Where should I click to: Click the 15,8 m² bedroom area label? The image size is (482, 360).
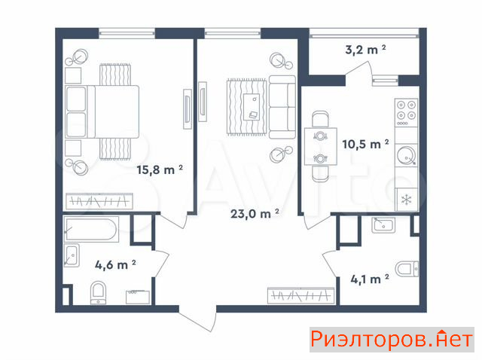pos(160,169)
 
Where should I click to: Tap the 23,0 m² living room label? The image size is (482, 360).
pos(255,213)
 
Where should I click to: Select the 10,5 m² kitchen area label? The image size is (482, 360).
pos(365,144)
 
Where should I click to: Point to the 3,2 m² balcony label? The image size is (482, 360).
pos(365,50)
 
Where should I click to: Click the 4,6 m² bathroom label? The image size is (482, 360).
pos(115,264)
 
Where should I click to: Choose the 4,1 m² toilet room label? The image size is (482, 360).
pos(370,279)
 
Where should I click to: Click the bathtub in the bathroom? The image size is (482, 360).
pos(91,229)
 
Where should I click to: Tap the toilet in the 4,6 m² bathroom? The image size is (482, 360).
pos(99,293)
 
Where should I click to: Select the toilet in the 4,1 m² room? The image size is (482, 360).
pos(407,269)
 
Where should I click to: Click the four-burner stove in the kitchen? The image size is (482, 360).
pos(406,113)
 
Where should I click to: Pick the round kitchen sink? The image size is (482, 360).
pos(406,155)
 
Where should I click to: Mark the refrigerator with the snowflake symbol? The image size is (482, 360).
pos(407,200)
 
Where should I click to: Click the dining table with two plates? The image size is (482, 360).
pos(321,146)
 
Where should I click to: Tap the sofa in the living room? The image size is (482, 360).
pos(282,107)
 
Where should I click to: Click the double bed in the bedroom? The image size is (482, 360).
pos(102,111)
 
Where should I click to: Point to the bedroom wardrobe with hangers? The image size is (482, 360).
pos(99,201)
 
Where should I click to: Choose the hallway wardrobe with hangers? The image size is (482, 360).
pos(301,296)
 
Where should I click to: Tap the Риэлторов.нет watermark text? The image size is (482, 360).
pos(392,340)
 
